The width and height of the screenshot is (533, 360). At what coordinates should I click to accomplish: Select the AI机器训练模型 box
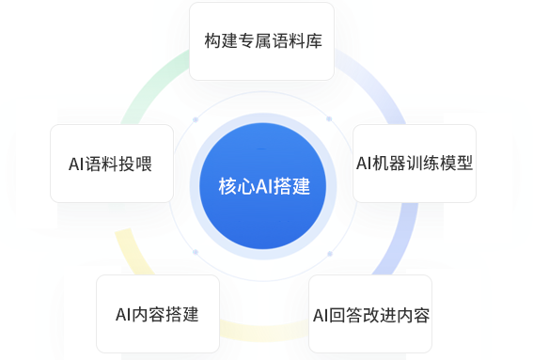[414, 162]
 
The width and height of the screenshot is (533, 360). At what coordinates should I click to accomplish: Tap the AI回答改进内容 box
[370, 313]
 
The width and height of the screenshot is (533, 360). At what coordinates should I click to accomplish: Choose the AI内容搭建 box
[157, 313]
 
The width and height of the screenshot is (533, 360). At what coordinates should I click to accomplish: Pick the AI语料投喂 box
[111, 164]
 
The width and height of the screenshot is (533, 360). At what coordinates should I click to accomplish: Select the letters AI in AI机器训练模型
[367, 162]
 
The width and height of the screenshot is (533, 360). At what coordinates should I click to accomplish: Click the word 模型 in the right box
[456, 162]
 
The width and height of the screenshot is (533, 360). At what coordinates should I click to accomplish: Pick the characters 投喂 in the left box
[137, 164]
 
